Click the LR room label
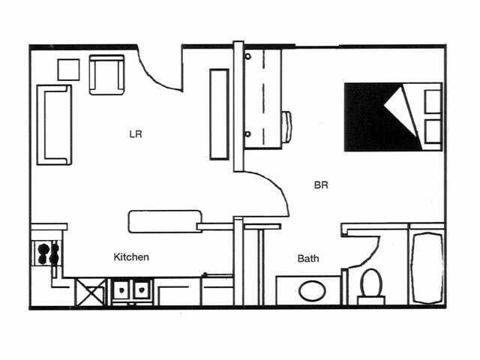[x=136, y=135]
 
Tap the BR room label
[x=321, y=184]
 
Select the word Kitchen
[x=131, y=257]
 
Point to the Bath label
[x=308, y=259]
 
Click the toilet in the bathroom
[x=370, y=283]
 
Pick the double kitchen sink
[x=130, y=289]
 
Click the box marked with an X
[x=90, y=291]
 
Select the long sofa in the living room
[x=54, y=124]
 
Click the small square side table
[x=68, y=69]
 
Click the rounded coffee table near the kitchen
[x=163, y=221]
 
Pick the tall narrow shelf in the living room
[x=219, y=113]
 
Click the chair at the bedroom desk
[x=287, y=126]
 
